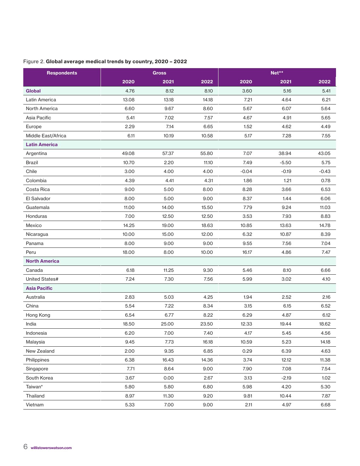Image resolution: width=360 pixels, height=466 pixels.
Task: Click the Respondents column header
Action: pos(62,73)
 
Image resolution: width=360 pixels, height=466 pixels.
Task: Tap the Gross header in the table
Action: pos(159,73)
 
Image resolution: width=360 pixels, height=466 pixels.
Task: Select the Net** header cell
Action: pos(277,73)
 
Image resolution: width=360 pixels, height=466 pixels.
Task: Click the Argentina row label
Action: pos(36,154)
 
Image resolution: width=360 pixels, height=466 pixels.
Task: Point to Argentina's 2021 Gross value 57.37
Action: pos(168,154)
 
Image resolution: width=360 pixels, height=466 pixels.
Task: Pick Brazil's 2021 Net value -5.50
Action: pos(285,162)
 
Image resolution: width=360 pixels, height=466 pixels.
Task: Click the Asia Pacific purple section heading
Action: pos(39,288)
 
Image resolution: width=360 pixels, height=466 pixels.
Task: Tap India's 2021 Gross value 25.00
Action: pos(167,324)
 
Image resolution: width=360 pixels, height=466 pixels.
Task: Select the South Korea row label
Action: pos(39,378)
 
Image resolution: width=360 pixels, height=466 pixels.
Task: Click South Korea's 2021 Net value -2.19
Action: pos(286,378)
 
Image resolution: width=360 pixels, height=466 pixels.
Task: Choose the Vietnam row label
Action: pos(35,405)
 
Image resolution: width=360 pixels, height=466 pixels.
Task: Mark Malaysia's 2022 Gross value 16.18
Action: pos(208,342)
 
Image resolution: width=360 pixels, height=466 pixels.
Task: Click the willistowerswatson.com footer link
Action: pos(51,448)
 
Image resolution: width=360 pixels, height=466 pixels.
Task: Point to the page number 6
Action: pos(25,447)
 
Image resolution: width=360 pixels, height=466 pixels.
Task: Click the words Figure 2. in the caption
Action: pos(34,61)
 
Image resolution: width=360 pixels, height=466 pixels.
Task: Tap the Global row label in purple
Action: pos(33,91)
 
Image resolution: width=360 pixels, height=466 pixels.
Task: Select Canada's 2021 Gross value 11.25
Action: pos(168,270)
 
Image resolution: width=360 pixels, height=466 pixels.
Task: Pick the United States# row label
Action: pos(42,279)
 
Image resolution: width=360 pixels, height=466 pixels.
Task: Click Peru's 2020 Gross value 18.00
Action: pos(128,252)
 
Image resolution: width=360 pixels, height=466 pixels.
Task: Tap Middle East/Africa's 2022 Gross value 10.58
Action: pos(207,136)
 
